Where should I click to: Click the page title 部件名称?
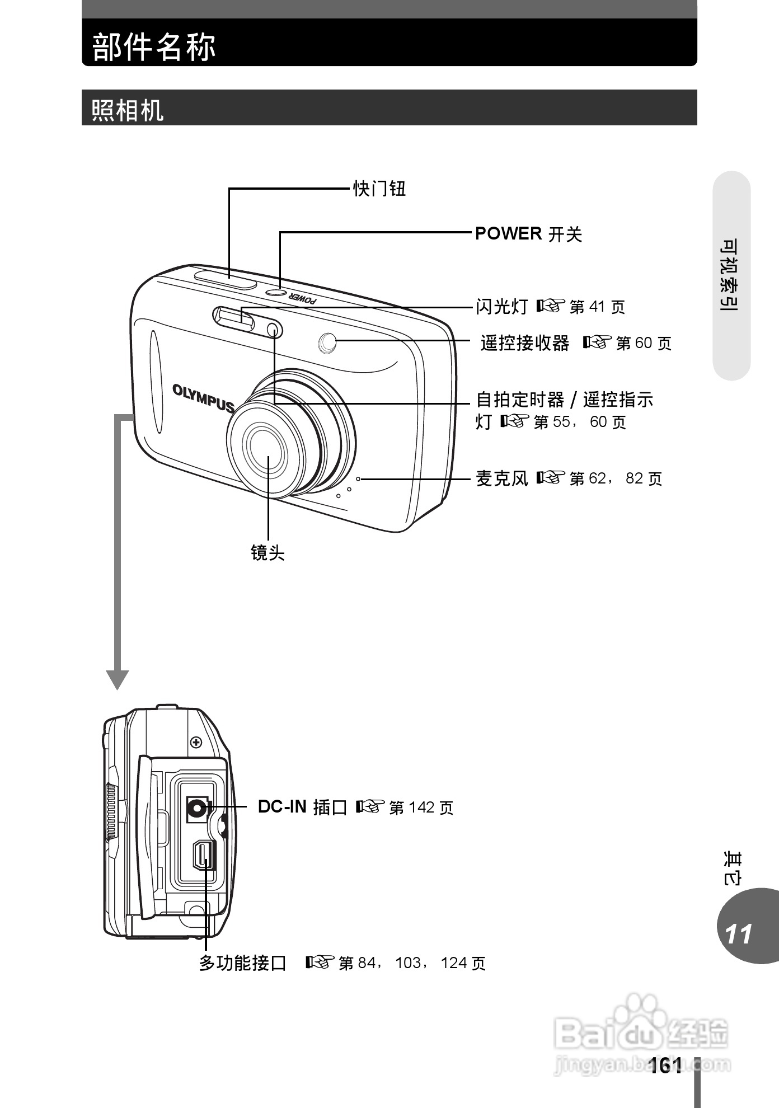(154, 46)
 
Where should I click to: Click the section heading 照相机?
(127, 110)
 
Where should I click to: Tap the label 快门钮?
(379, 189)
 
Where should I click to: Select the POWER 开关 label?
(528, 234)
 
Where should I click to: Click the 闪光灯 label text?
(501, 306)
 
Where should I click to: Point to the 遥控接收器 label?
(524, 342)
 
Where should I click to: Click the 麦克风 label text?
(501, 478)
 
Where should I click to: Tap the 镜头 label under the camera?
(268, 553)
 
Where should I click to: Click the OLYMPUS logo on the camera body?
(203, 397)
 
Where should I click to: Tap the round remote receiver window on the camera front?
(327, 342)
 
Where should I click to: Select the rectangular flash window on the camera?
(233, 317)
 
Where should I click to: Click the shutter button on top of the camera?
(226, 278)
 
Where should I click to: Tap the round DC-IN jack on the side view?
(196, 807)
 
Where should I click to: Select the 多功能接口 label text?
(242, 963)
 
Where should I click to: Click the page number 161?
(666, 1065)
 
